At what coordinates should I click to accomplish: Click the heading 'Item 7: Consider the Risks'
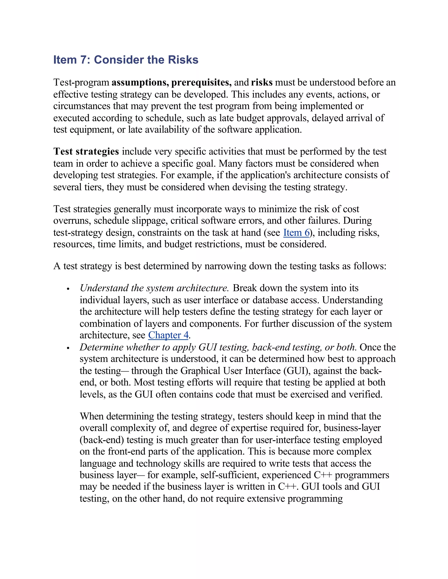coord(126,60)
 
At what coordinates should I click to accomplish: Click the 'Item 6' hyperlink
coord(296,232)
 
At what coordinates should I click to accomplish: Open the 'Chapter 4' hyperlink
coord(168,335)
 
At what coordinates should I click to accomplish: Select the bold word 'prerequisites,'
coord(201,82)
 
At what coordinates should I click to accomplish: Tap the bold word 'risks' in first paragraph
coord(262,82)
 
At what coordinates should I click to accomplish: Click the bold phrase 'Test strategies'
coord(86,151)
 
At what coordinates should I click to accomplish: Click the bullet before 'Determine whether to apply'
coord(68,348)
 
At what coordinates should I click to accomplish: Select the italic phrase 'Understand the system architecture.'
coord(154,288)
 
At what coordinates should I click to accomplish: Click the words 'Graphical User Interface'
coord(230,371)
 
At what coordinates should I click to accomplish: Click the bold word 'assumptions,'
coord(140,82)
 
